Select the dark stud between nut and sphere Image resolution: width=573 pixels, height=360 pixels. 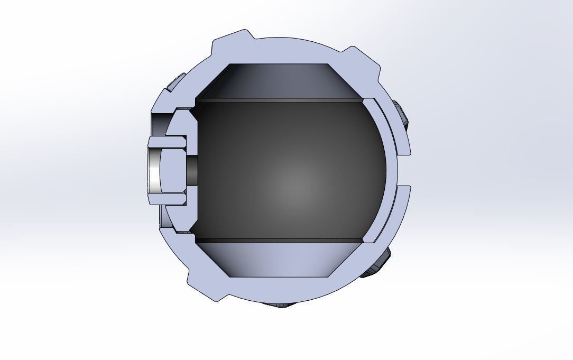pos(192,171)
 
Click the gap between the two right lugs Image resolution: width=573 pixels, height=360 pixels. pos(404,170)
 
